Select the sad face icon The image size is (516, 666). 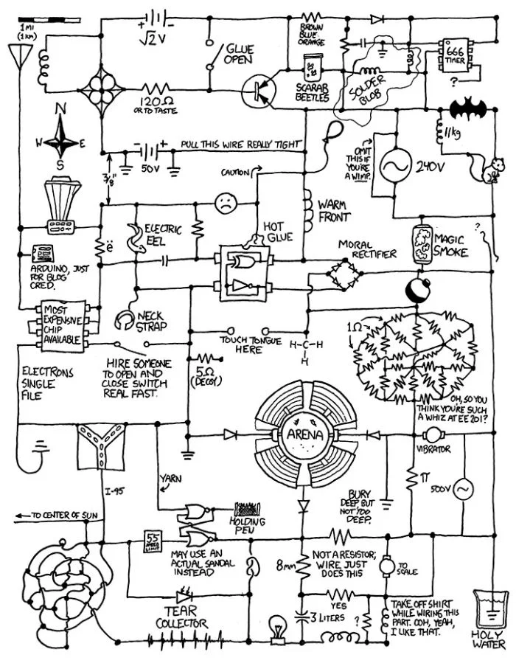click(x=224, y=202)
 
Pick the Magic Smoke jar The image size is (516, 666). click(x=422, y=243)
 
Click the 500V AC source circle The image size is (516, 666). click(x=464, y=489)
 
